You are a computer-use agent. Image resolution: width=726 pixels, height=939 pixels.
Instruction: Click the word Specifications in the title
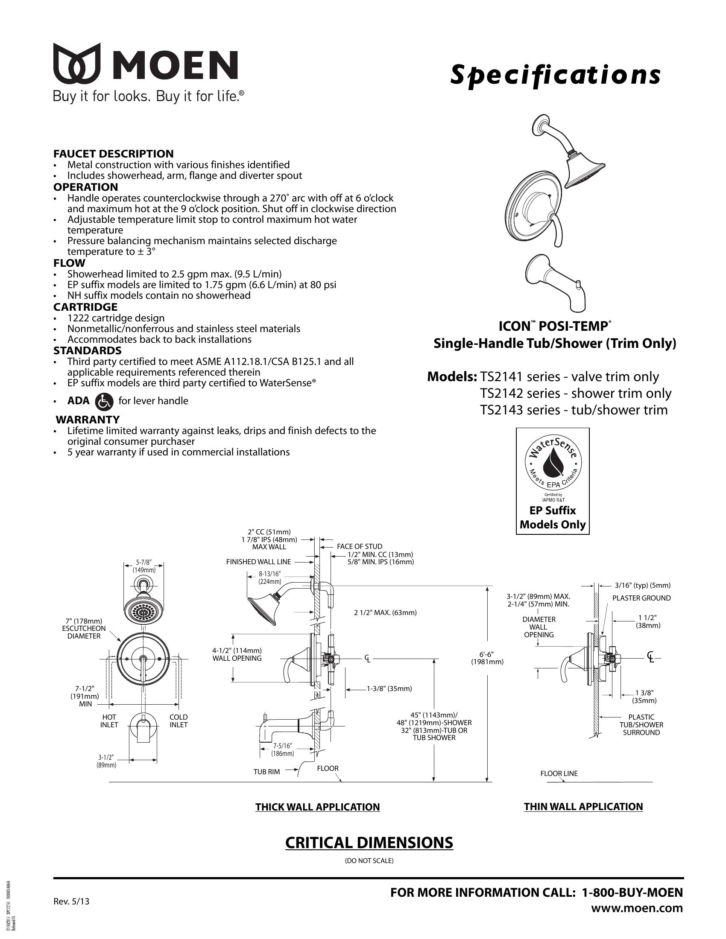[555, 75]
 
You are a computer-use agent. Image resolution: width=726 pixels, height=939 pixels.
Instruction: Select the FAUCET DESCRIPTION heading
[114, 154]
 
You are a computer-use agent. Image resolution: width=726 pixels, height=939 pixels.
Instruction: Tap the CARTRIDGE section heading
[85, 307]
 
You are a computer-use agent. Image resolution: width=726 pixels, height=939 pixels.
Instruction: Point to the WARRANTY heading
[88, 419]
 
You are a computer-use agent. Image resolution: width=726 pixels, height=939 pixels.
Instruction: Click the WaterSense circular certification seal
[552, 466]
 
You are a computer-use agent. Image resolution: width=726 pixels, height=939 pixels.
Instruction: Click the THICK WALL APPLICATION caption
[317, 807]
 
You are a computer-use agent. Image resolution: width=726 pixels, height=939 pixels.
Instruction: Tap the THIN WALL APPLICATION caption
[583, 807]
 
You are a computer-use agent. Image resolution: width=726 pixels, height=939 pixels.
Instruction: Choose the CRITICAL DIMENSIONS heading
[369, 843]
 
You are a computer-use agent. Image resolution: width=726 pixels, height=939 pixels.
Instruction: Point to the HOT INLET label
[109, 721]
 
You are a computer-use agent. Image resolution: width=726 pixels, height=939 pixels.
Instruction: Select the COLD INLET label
[179, 721]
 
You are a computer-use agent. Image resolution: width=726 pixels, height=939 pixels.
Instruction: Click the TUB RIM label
[266, 772]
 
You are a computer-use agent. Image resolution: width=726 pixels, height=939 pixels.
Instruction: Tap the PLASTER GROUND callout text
[641, 598]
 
